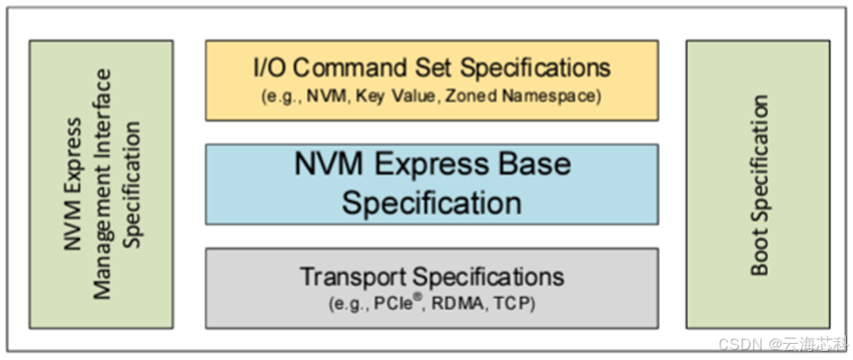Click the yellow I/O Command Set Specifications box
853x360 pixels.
point(431,80)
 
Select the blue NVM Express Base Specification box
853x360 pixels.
point(431,183)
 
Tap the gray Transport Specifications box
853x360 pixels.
point(431,287)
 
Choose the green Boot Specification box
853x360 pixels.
point(758,184)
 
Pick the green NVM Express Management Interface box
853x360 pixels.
point(101,184)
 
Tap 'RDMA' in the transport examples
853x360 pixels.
point(458,304)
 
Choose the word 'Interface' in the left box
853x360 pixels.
point(101,108)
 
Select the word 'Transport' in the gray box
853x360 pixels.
point(353,276)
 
